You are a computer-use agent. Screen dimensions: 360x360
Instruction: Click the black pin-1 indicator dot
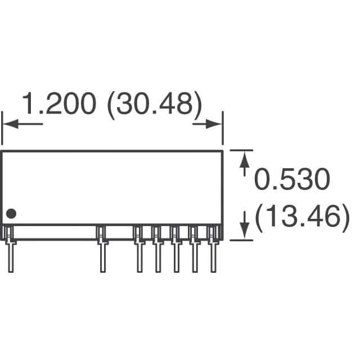[x=11, y=214]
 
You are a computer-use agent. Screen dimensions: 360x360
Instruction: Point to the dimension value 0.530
[x=291, y=181]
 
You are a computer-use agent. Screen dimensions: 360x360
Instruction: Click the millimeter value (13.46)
[x=298, y=218]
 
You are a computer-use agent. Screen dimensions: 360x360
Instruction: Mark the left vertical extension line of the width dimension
[x=2, y=129]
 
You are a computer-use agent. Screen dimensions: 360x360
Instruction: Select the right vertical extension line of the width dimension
[x=223, y=129]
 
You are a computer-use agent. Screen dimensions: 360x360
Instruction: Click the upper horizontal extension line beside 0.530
[x=241, y=150]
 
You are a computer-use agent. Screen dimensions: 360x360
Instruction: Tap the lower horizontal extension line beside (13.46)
[x=241, y=240]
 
